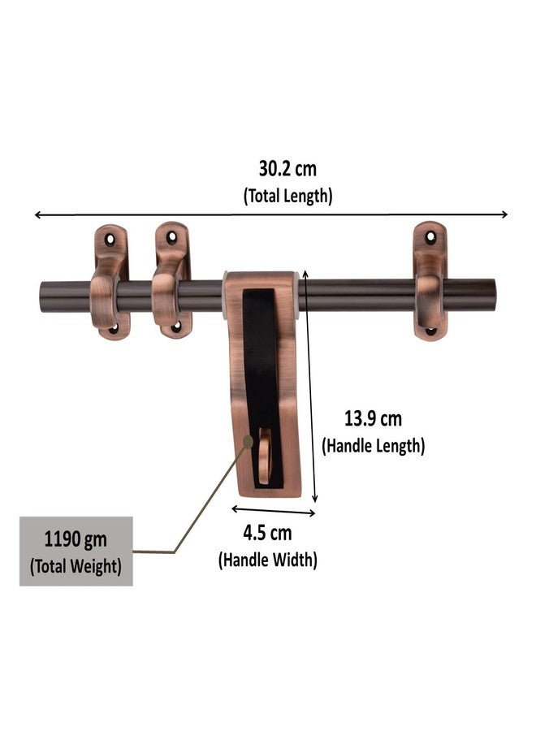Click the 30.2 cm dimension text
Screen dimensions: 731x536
tap(287, 170)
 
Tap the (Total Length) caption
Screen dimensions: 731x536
tap(287, 196)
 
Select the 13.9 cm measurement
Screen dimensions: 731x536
tap(373, 419)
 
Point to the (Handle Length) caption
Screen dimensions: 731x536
tap(373, 445)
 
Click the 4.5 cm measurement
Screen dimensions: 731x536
tap(267, 534)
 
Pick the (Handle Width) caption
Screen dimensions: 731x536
tap(267, 560)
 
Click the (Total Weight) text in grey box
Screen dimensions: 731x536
tap(76, 566)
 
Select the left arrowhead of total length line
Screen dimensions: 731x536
tap(37, 215)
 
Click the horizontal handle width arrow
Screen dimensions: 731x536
tap(273, 511)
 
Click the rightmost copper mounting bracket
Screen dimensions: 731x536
tap(430, 281)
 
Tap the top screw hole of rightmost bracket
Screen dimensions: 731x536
tap(430, 237)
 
